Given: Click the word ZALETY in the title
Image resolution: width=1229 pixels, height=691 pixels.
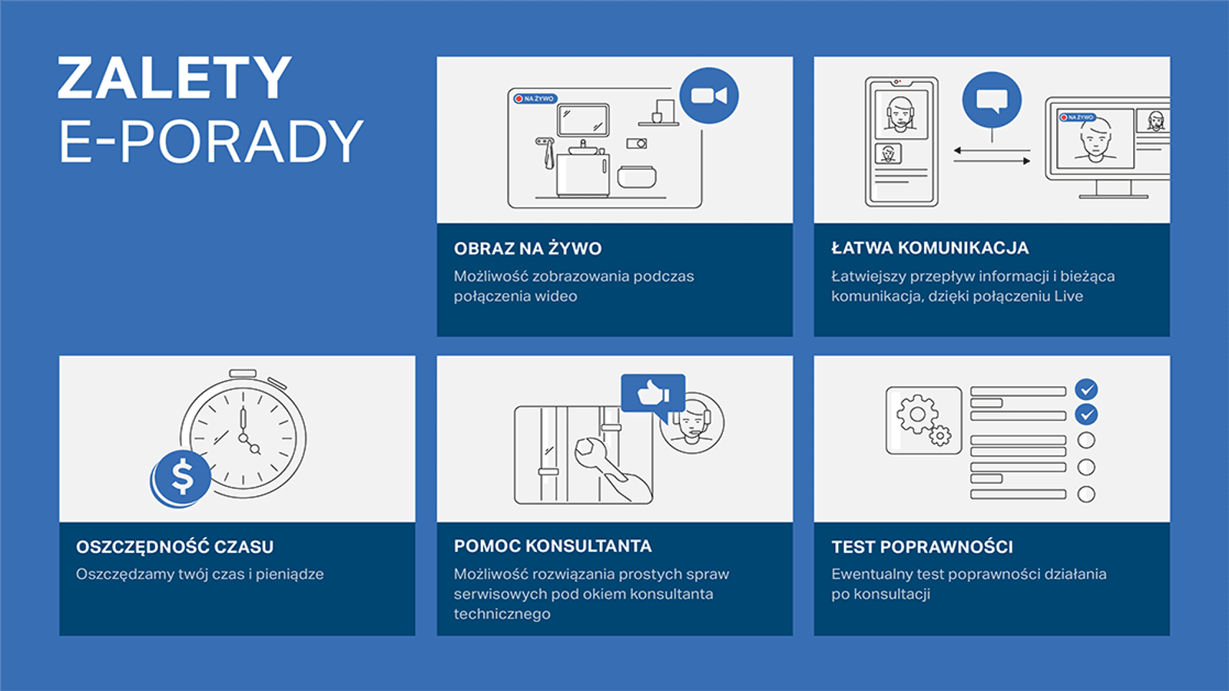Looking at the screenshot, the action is [174, 78].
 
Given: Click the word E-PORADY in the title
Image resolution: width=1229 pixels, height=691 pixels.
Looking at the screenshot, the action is [211, 141].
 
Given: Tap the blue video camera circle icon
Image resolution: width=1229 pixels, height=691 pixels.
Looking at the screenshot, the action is [709, 96].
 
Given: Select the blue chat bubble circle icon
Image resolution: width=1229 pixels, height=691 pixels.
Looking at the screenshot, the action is [992, 101].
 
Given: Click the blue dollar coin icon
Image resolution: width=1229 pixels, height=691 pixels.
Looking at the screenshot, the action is [181, 477].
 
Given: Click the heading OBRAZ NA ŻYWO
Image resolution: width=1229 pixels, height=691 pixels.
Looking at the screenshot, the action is [527, 249].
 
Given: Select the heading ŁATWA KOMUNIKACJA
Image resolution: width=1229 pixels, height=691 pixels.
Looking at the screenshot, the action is [930, 248].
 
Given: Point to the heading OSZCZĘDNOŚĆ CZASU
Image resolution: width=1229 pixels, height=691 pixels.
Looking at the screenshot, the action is [174, 547].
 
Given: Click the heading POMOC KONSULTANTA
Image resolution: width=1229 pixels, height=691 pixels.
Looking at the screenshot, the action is [552, 546].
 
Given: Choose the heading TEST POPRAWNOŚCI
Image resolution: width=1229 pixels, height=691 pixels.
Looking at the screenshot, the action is [922, 547].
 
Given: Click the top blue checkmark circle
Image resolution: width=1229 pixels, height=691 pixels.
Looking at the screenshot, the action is [1086, 389].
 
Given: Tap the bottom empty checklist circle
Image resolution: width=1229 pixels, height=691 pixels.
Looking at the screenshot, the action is [1086, 494].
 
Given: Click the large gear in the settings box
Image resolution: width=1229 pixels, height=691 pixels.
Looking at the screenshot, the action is [917, 415].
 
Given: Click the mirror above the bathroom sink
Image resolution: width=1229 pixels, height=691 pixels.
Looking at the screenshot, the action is [583, 120].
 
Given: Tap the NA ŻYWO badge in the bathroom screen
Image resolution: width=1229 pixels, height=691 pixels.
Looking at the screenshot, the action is [535, 99].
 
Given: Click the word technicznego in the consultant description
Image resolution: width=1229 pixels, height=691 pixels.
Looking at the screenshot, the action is [502, 614].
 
